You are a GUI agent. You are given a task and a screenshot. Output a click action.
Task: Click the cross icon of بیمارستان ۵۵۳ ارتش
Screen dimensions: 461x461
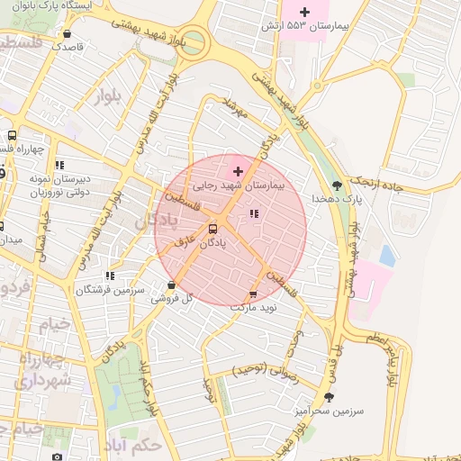pos(304,12)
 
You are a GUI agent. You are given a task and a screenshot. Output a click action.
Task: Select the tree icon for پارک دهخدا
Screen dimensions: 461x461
pos(338,185)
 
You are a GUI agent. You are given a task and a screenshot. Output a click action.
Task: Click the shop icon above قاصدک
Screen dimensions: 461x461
pos(68,33)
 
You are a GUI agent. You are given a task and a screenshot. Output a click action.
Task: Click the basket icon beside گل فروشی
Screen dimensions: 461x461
pos(171,286)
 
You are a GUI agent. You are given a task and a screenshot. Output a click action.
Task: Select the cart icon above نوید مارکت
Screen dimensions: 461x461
pos(252,294)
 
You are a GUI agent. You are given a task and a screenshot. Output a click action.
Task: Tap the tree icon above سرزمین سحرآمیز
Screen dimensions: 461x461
pos(329,396)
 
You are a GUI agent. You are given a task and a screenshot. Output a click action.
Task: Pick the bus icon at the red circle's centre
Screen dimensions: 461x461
pos(213,229)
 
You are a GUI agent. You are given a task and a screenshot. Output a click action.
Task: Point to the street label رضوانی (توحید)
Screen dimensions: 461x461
pos(267,368)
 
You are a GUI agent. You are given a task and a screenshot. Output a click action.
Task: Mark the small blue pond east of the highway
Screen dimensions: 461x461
pos(387,256)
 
